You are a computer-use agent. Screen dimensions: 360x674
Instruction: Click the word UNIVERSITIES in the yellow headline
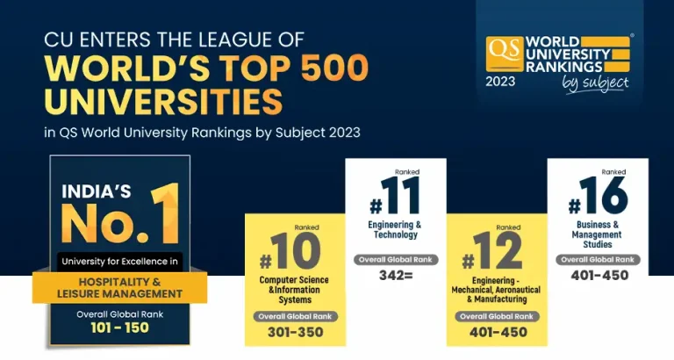tap(163, 103)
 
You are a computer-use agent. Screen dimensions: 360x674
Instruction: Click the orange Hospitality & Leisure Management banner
tap(119, 287)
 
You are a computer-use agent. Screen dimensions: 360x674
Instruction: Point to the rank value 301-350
tap(295, 332)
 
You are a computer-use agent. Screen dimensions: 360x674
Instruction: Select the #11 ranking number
tap(396, 198)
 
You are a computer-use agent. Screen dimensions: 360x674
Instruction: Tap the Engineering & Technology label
tap(396, 230)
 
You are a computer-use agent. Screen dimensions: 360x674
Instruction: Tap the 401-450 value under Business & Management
tap(599, 275)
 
